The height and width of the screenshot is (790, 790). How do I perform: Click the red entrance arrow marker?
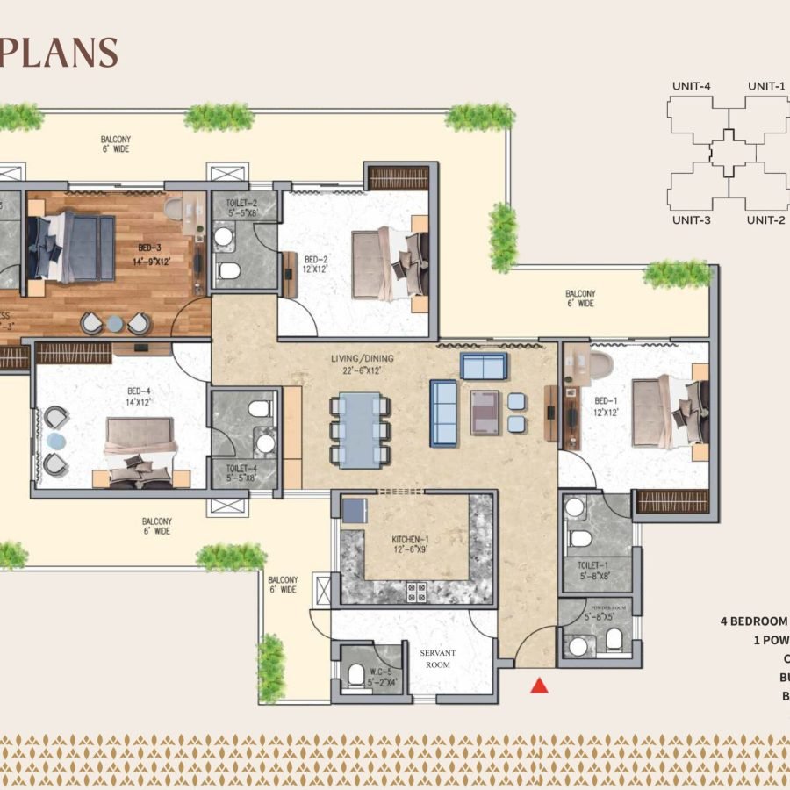click(x=540, y=686)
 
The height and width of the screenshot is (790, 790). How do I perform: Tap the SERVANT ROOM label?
click(x=436, y=658)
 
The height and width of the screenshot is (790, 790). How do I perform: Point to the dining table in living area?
click(x=360, y=429)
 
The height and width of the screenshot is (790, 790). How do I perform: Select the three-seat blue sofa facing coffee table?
click(x=443, y=413)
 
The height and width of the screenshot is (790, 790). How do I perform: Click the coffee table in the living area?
click(x=485, y=413)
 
